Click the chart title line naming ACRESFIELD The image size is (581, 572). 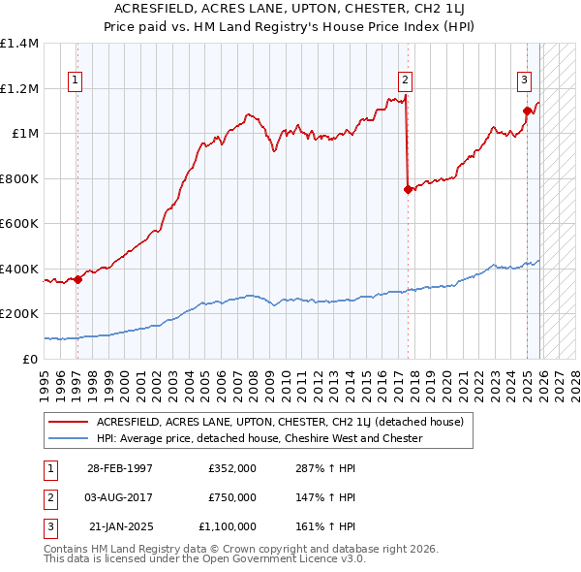[x=290, y=8]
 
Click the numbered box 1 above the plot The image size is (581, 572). [x=76, y=80]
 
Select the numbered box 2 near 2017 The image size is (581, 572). [x=405, y=80]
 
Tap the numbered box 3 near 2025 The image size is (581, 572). [x=524, y=80]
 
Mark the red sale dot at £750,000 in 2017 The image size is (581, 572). [x=408, y=190]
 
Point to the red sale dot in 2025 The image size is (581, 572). [x=527, y=111]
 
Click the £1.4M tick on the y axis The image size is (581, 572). [x=19, y=44]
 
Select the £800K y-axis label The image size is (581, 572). [x=19, y=178]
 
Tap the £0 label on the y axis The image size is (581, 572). [x=29, y=359]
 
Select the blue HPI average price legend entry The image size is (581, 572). [x=259, y=438]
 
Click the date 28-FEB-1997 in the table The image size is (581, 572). [x=120, y=467]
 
